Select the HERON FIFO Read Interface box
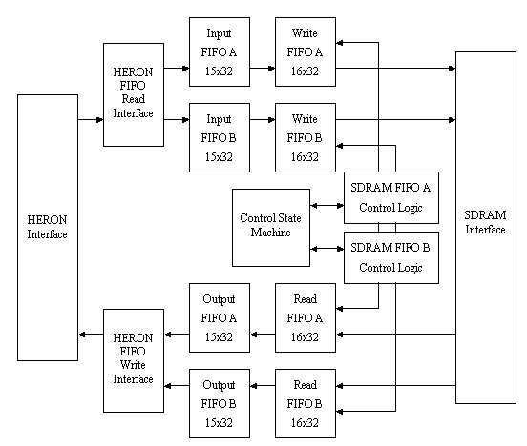pyautogui.click(x=134, y=93)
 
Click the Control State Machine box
pyautogui.click(x=271, y=227)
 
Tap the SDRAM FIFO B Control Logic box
pyautogui.click(x=391, y=256)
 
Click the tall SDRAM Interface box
pyautogui.click(x=486, y=227)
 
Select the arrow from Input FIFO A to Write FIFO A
pyautogui.click(x=262, y=68)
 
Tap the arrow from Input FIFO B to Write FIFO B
pyautogui.click(x=262, y=120)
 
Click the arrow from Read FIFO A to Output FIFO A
pyautogui.click(x=262, y=334)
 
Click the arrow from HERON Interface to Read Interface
pyautogui.click(x=90, y=120)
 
